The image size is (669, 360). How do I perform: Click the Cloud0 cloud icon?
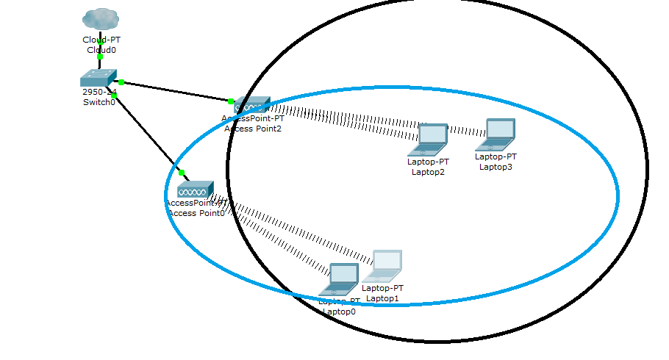pos(101,19)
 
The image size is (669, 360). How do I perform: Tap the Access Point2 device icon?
pos(252,105)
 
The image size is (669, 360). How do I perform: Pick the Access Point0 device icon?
pos(195,190)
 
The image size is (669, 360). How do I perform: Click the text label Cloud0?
pos(101,50)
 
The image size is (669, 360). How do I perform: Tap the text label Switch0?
pos(99,102)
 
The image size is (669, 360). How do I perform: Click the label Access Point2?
pos(253,128)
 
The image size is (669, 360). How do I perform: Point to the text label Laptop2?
pos(428,172)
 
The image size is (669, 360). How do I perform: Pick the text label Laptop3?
pos(496,167)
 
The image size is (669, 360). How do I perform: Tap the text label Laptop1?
pos(382,298)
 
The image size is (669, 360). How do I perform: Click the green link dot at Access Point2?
pos(231,101)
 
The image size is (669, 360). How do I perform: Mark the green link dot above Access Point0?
pos(182,173)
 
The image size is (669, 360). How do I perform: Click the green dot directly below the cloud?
pos(100,57)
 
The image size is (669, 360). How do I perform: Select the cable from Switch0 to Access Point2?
pos(176,91)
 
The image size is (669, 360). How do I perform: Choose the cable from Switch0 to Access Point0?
pos(147,132)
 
